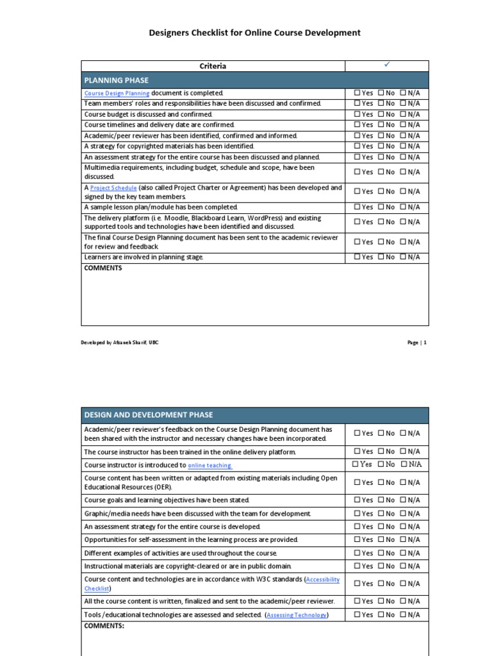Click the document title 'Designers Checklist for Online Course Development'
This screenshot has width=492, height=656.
(255, 33)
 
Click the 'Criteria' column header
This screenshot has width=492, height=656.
(213, 66)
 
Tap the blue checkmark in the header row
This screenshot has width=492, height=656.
(387, 65)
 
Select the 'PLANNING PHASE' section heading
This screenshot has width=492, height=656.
(117, 80)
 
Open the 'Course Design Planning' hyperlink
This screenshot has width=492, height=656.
(117, 93)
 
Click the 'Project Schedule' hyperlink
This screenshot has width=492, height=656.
(113, 188)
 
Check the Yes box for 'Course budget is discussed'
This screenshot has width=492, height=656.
(357, 114)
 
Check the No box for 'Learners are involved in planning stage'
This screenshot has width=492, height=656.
(381, 257)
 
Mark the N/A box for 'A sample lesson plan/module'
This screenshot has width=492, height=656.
(403, 207)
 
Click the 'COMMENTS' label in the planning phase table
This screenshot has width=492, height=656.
(103, 268)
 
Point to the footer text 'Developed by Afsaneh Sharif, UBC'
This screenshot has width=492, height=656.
(120, 343)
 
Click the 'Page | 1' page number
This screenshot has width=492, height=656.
(416, 343)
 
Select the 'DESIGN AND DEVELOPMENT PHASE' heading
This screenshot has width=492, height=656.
(149, 415)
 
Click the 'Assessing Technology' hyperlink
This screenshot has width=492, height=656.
(297, 615)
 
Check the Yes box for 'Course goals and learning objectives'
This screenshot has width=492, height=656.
(357, 500)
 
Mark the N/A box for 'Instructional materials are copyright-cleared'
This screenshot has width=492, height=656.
(403, 566)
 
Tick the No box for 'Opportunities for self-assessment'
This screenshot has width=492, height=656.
(381, 539)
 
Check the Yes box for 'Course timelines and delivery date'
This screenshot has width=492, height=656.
(357, 125)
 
